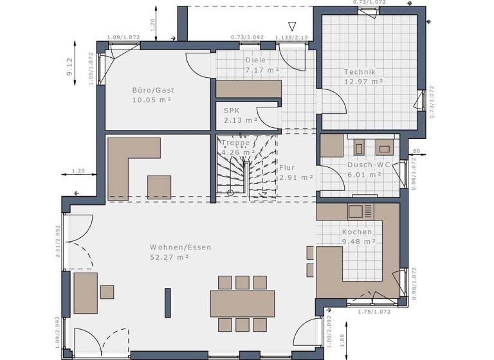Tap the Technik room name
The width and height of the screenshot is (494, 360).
click(x=359, y=72)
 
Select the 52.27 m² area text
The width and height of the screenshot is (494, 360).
click(x=169, y=257)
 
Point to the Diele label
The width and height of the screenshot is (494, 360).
click(x=255, y=60)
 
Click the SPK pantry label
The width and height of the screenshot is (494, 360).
click(x=232, y=110)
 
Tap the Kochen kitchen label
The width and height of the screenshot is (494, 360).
click(x=357, y=231)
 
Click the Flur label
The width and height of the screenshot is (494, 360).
click(x=287, y=167)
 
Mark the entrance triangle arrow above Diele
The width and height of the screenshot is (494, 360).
click(x=292, y=26)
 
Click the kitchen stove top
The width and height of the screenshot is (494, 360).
click(x=360, y=211)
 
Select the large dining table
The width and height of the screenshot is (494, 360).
click(x=242, y=303)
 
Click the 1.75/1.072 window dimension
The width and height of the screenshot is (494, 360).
click(x=374, y=312)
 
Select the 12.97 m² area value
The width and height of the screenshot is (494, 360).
click(x=363, y=82)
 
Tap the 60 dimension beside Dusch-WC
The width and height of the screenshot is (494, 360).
click(x=416, y=151)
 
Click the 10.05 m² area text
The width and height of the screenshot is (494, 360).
click(x=152, y=100)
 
